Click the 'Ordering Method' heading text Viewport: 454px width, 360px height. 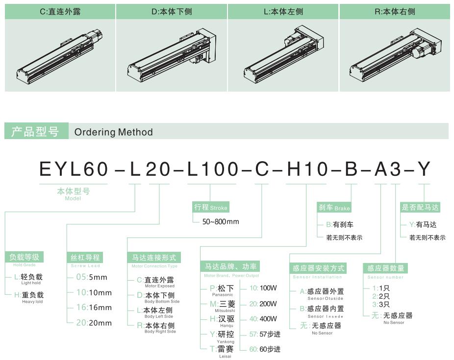click(114, 132)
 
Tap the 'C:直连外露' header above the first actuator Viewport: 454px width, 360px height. click(60, 12)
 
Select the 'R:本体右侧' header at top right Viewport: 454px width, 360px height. click(395, 12)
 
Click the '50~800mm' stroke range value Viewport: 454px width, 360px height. click(221, 222)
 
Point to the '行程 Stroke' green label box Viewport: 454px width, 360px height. click(211, 207)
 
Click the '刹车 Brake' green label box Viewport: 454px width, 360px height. click(334, 207)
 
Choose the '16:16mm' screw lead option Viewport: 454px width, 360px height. click(94, 308)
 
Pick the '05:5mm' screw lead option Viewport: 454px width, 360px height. click(92, 277)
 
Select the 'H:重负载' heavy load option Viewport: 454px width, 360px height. click(28, 295)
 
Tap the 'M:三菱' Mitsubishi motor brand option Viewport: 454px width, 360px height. click(223, 304)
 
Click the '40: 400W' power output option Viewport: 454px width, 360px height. click(263, 319)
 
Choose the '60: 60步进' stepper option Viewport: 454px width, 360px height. click(265, 349)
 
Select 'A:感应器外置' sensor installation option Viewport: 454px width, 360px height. click(322, 291)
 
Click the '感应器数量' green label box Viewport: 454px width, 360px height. click(385, 268)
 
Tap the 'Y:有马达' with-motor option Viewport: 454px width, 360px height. click(423, 224)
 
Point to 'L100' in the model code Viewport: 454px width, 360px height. click(212, 169)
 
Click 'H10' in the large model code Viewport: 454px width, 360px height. click(307, 169)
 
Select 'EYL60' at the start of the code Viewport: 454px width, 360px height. click(74, 169)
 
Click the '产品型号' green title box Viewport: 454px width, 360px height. click(36, 131)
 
